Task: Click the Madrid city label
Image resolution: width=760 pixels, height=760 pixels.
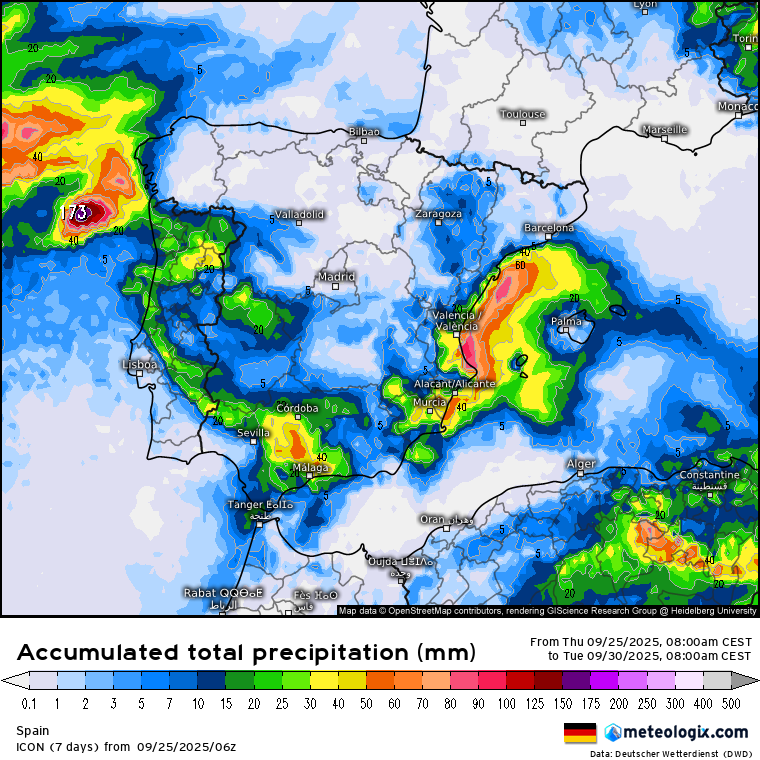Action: click(335, 277)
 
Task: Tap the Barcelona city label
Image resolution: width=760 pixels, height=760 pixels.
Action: click(549, 228)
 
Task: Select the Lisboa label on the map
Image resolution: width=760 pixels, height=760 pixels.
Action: click(139, 365)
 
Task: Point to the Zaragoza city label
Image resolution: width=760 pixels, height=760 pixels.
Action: click(439, 214)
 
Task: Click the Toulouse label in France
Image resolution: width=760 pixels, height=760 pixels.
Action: click(522, 114)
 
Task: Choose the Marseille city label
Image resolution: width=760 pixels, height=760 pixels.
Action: click(664, 130)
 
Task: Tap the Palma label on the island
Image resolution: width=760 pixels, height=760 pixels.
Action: click(566, 321)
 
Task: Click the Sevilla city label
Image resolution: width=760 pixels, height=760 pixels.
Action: click(253, 433)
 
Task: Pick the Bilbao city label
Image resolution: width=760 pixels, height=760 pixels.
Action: click(364, 132)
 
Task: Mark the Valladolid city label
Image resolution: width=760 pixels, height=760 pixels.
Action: click(297, 215)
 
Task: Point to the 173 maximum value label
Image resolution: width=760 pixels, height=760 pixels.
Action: click(73, 213)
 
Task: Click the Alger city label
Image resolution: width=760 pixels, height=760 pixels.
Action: click(581, 464)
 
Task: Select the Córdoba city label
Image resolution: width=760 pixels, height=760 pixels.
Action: click(297, 408)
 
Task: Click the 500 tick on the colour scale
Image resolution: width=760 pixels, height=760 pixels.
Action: click(735, 704)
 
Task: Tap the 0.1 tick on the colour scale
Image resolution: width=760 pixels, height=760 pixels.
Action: click(27, 704)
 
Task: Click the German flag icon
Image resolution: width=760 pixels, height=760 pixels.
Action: click(580, 732)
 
